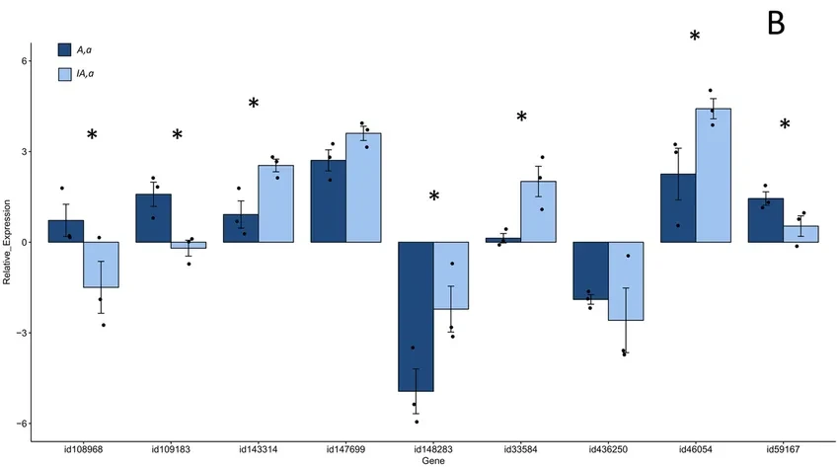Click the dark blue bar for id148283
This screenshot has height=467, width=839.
click(x=416, y=316)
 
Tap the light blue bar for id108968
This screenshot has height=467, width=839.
click(x=101, y=265)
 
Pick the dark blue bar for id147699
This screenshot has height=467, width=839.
click(x=329, y=201)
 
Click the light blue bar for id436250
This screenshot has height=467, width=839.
click(x=625, y=281)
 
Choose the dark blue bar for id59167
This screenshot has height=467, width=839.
click(x=765, y=220)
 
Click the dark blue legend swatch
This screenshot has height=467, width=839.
click(x=65, y=49)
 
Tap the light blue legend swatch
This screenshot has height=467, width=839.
click(x=65, y=73)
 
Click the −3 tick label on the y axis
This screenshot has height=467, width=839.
click(x=22, y=333)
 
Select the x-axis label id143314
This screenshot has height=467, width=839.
click(x=258, y=450)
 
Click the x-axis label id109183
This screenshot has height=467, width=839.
click(x=171, y=450)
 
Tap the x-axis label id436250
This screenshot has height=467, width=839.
click(x=608, y=450)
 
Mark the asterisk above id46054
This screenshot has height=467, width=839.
click(x=695, y=38)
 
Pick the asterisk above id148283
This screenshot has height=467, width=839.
click(x=434, y=197)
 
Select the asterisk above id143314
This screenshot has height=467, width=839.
click(x=254, y=105)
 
